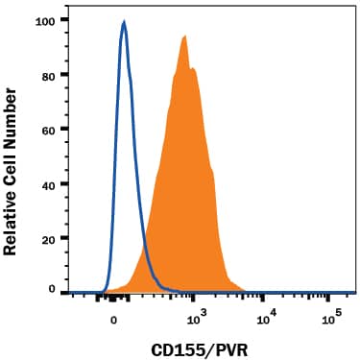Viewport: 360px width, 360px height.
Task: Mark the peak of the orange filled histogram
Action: click(183, 36)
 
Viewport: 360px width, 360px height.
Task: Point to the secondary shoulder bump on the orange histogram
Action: click(194, 69)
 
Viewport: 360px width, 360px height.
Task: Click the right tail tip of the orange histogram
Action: click(248, 290)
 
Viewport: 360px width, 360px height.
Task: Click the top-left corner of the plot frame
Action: click(72, 11)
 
